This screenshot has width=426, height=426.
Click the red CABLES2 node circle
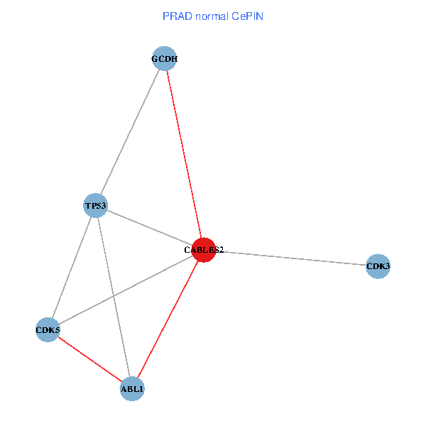point(204,250)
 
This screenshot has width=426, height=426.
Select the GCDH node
point(164,59)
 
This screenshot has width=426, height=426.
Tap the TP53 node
point(95,206)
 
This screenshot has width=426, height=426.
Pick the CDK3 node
point(378,266)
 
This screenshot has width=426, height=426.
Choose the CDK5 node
point(48,330)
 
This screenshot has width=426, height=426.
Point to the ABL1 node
point(132,389)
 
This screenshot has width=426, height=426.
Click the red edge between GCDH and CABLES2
point(184,155)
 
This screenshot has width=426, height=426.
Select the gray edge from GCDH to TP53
point(130,132)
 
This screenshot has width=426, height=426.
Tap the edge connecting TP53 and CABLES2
point(149,228)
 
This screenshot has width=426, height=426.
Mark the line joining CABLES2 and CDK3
point(291,258)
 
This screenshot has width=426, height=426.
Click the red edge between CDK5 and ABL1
point(89,359)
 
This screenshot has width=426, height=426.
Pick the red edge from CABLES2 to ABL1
point(168,319)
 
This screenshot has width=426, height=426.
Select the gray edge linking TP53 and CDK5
point(71,268)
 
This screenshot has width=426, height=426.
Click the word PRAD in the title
point(175,16)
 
